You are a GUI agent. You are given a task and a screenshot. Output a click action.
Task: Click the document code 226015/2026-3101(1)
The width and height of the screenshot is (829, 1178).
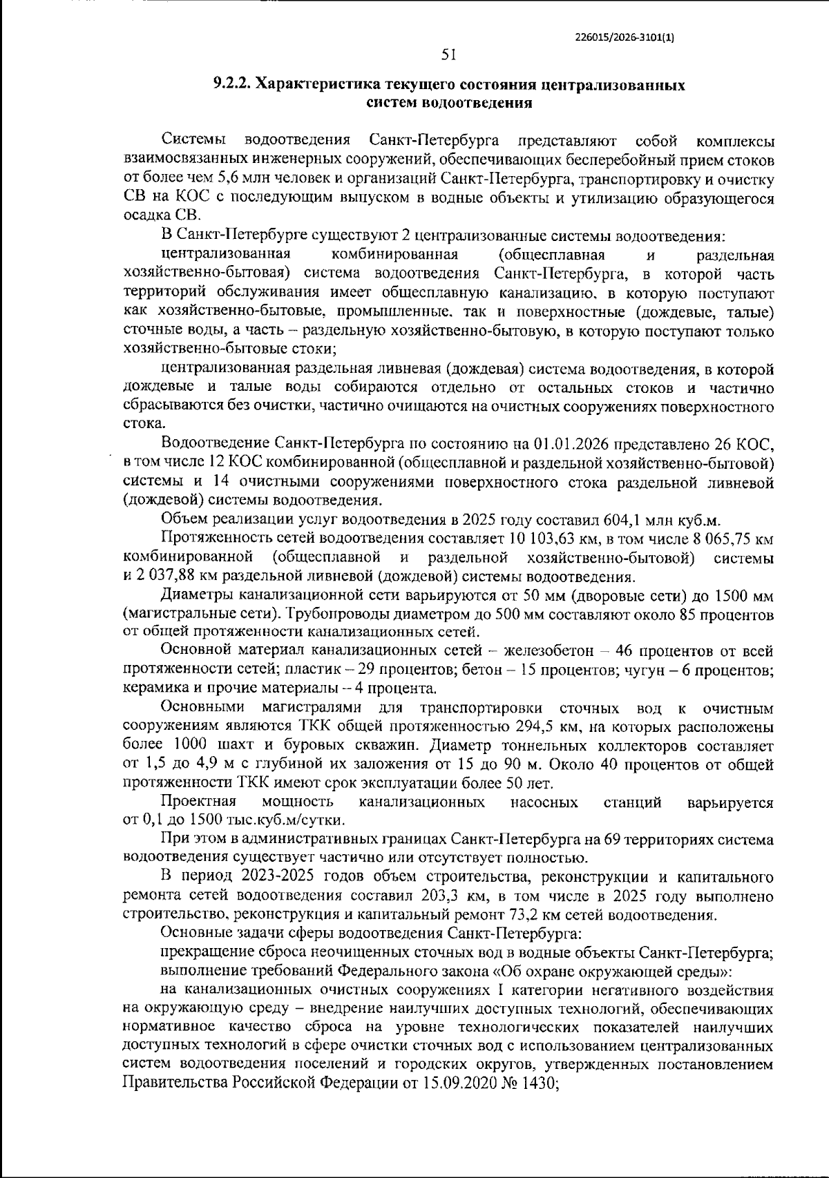624,39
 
